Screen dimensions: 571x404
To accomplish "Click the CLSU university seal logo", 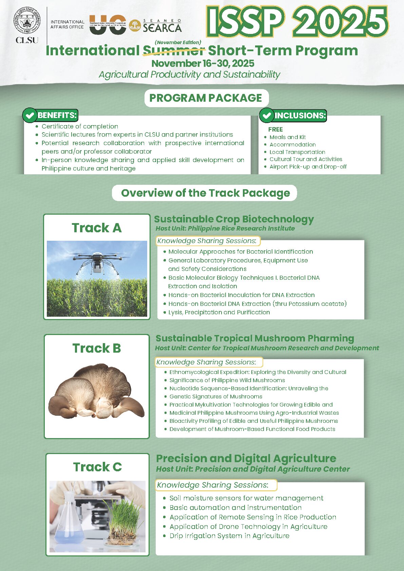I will (x=27, y=21).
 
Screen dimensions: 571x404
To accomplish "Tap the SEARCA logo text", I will (x=162, y=27).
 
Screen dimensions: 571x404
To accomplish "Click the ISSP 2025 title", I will (x=296, y=22).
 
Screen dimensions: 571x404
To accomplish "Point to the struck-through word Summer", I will (x=174, y=51).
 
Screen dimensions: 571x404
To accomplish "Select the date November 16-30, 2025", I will (x=203, y=63).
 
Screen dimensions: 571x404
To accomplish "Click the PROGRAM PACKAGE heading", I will (x=206, y=98).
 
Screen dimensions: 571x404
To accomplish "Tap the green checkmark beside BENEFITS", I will (x=30, y=115).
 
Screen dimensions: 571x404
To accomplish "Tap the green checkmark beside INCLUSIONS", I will (x=267, y=115).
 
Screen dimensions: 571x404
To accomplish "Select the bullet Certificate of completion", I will (x=80, y=126).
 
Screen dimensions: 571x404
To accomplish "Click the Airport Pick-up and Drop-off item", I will (x=308, y=167).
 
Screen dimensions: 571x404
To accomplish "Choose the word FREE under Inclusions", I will (x=275, y=130).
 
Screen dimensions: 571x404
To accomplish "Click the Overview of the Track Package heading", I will (x=205, y=193).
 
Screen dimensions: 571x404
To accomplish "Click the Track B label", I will (x=97, y=348).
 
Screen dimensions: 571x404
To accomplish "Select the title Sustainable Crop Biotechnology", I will (x=234, y=219).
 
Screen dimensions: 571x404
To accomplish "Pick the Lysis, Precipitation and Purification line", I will (x=219, y=312).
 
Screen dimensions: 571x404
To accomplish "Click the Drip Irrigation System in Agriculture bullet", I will (x=229, y=536).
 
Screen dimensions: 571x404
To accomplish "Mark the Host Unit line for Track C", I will (x=253, y=469).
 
